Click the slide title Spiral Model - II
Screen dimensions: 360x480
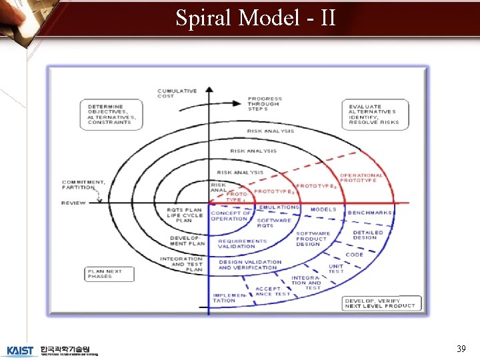click(x=255, y=17)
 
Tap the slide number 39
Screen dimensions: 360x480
click(x=461, y=349)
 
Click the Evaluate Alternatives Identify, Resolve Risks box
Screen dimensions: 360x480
click(x=373, y=114)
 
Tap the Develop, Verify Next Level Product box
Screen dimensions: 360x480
click(x=379, y=303)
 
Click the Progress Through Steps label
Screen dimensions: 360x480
click(x=265, y=104)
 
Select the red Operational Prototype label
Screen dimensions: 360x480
click(x=361, y=178)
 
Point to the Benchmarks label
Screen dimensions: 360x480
click(x=370, y=213)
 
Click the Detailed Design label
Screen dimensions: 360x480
click(x=365, y=235)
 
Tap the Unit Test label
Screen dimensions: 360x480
click(x=336, y=269)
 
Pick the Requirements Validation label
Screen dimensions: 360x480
click(x=243, y=245)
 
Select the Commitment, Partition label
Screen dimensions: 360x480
click(x=83, y=184)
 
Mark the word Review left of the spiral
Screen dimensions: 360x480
click(x=73, y=203)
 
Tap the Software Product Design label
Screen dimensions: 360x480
click(x=312, y=239)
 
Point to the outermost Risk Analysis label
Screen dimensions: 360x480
click(x=270, y=131)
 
